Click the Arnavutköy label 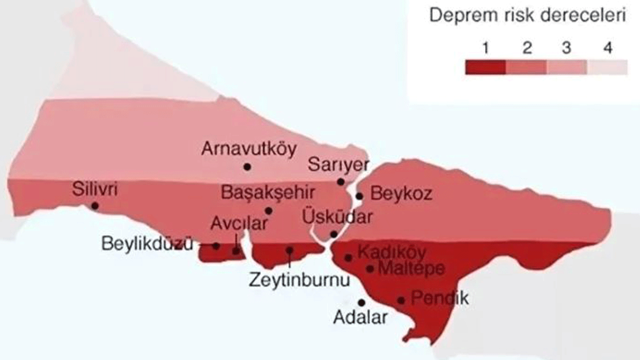(249, 148)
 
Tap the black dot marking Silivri (94, 205)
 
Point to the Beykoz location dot (359, 196)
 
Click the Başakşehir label (268, 192)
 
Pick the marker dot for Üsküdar (333, 234)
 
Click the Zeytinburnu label (299, 280)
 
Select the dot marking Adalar (361, 302)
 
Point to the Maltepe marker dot (370, 268)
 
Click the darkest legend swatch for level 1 (485, 67)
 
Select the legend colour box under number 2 (526, 67)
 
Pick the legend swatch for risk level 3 (566, 67)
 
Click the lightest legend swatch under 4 (607, 67)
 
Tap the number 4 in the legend (607, 48)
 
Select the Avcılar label (238, 223)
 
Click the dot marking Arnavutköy (247, 166)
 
